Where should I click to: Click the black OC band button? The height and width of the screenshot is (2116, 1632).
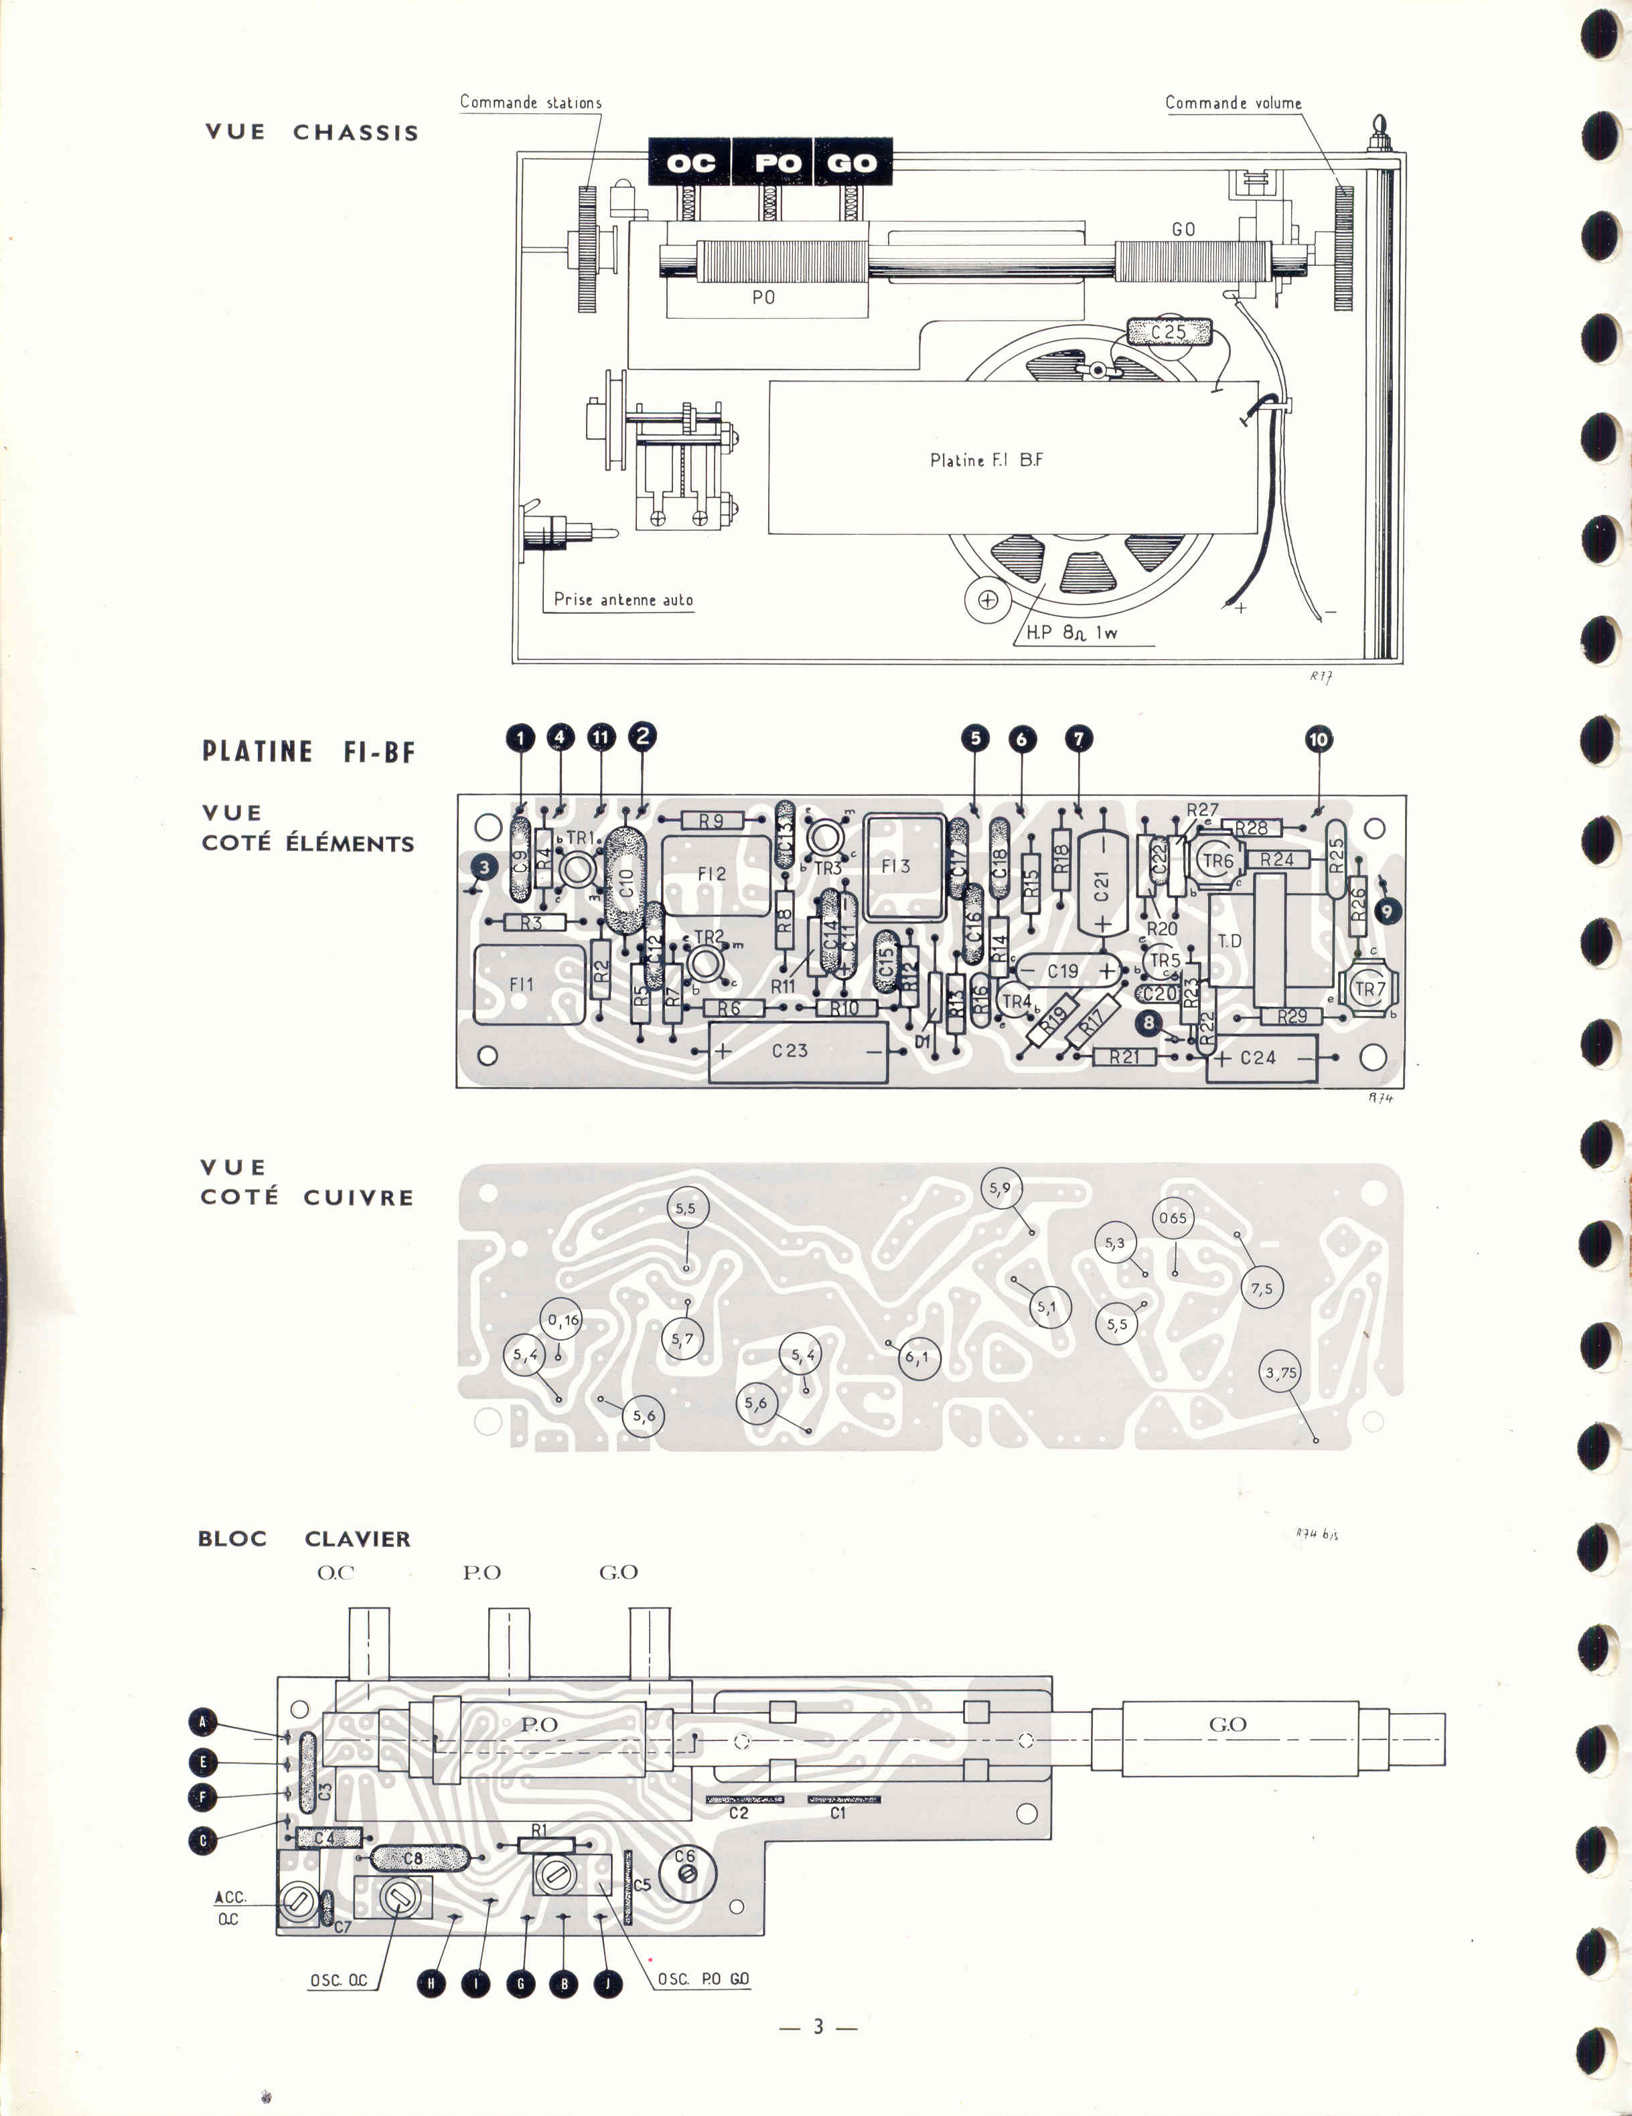click(689, 162)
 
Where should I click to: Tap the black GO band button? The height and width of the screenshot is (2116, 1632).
click(852, 162)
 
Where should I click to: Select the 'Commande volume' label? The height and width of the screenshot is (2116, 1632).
click(1233, 102)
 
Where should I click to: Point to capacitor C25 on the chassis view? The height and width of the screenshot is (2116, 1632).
click(1169, 331)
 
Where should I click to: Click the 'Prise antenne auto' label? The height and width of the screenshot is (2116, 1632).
click(623, 600)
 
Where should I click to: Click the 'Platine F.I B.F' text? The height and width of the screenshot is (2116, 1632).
click(986, 460)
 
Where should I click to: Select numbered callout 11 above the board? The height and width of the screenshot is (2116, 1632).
click(601, 737)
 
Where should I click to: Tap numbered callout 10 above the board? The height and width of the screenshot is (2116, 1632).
click(1318, 739)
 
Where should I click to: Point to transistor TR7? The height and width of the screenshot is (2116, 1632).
click(1368, 989)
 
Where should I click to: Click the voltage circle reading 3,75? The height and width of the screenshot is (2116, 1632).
click(1281, 1372)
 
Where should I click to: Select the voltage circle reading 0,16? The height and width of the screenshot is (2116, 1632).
click(562, 1319)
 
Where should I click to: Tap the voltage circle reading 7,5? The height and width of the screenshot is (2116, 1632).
click(1261, 1289)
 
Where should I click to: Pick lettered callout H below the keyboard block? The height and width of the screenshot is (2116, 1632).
click(431, 1983)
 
